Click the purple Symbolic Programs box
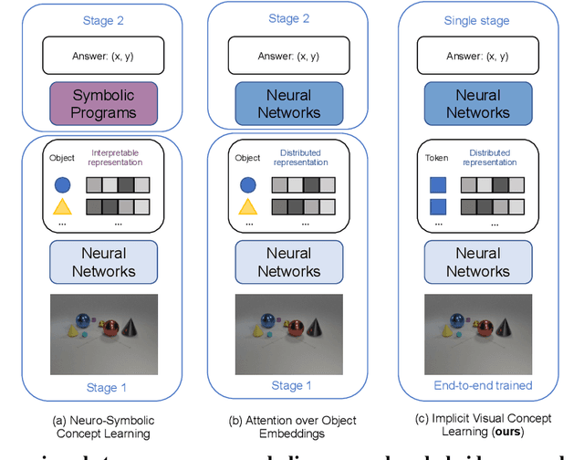103,103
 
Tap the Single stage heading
477,20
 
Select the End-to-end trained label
483,385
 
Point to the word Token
437,157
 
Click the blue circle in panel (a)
62,184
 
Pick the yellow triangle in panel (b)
248,206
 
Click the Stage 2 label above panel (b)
289,17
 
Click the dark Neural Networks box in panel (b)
289,103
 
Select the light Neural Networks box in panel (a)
103,262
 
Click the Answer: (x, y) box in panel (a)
103,56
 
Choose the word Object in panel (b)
248,158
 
